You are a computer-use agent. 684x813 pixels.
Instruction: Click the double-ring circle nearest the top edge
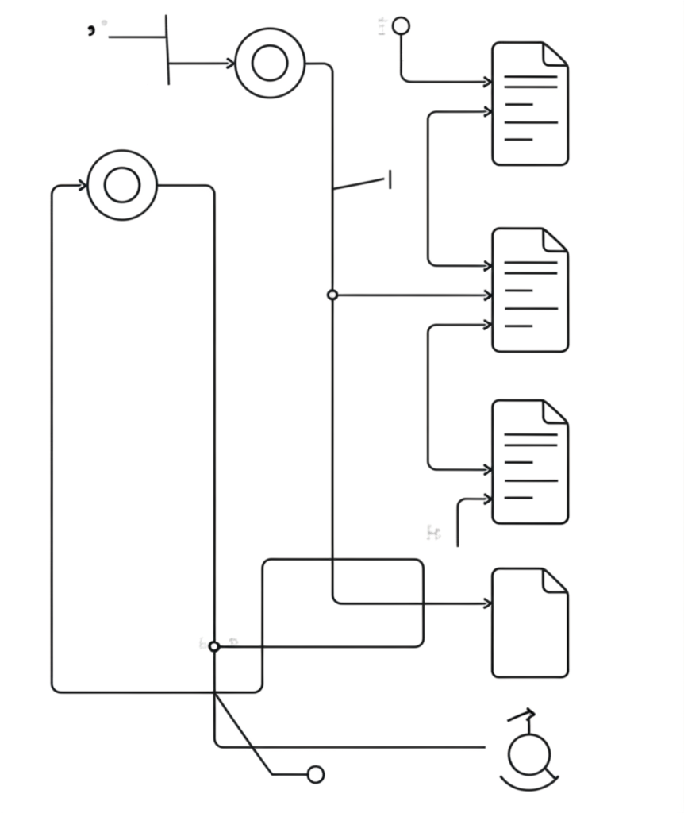coord(270,64)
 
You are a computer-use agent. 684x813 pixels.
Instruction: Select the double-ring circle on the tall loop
coord(122,185)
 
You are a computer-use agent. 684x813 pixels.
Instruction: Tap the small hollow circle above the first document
coord(401,26)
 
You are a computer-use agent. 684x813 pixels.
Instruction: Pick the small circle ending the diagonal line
coord(315,774)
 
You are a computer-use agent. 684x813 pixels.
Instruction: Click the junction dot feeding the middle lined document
coord(332,295)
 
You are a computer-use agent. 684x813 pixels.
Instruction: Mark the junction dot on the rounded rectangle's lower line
coord(213,646)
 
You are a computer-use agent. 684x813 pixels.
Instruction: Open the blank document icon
coord(529,623)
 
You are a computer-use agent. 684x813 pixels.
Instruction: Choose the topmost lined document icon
coord(529,104)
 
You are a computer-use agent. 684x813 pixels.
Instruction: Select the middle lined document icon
coord(529,290)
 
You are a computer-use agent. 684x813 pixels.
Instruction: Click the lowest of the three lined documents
coord(529,462)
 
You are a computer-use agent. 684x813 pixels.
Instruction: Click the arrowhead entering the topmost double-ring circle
coord(230,64)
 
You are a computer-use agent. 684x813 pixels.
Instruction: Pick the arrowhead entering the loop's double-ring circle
coord(83,186)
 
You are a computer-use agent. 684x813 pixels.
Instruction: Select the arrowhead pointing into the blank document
coord(486,604)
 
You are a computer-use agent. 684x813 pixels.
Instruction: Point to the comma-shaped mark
coord(92,29)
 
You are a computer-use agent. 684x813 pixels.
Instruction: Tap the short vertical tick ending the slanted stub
coord(390,180)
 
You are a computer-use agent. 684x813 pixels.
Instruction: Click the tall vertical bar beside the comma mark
coord(167,49)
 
